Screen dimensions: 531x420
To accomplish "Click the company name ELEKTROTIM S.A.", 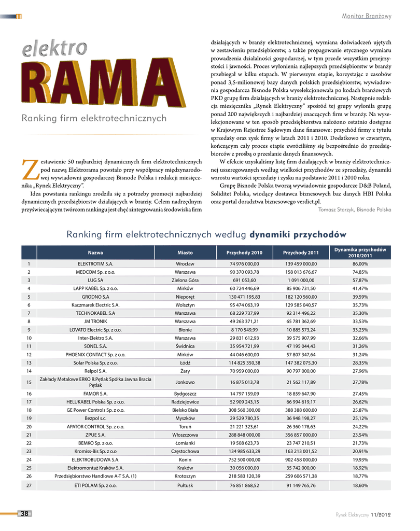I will [x=95, y=264].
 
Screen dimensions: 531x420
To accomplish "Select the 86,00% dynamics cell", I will [x=360, y=264].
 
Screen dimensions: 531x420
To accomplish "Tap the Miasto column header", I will [x=185, y=253].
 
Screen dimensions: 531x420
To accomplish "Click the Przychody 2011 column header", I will [x=301, y=253].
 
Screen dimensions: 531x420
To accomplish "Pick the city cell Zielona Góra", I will [x=185, y=280].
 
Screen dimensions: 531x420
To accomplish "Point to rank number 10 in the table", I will [x=29, y=338].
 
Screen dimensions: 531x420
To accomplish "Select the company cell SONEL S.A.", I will [x=95, y=346].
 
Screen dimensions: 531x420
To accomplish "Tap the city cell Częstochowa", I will [x=185, y=451].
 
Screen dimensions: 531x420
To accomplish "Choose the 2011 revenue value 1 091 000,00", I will [x=301, y=280].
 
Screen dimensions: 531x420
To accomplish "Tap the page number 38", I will [x=24, y=513].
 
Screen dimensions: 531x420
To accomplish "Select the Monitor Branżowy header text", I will [x=367, y=16].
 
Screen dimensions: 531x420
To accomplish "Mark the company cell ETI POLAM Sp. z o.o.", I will [x=95, y=485].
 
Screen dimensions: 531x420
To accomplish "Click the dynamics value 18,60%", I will [x=360, y=485].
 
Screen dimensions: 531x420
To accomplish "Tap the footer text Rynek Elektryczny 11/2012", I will [x=363, y=514].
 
